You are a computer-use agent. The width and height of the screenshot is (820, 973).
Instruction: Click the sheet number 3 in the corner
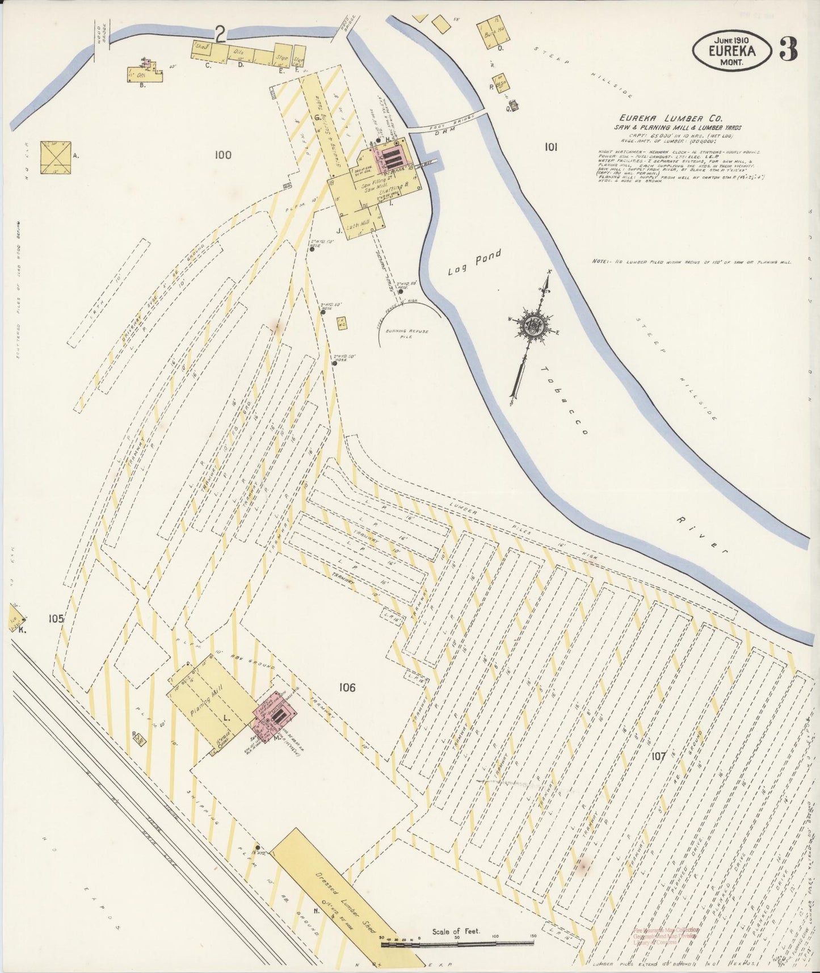coord(789,49)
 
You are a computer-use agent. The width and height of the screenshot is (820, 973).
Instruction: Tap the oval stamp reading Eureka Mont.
coord(732,50)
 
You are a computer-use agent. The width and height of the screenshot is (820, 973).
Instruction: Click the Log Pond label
coord(474,262)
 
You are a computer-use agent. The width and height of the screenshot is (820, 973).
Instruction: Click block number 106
coord(346,687)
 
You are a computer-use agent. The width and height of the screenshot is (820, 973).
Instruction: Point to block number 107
coord(658,756)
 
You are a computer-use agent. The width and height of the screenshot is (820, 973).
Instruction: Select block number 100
coord(223,154)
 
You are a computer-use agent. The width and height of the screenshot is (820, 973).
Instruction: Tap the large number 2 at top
coord(219,35)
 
